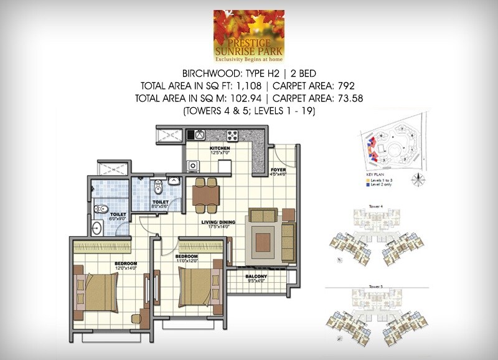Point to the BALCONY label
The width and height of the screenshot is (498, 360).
pos(256,276)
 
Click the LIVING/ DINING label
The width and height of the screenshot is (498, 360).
pos(217,220)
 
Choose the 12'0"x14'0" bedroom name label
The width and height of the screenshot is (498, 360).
pos(125,263)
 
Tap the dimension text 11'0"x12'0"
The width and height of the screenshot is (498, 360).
pos(186,262)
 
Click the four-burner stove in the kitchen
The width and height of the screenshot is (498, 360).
pos(233,135)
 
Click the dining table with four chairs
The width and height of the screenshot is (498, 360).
pos(205,196)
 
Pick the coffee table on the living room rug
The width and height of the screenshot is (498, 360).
pos(263,242)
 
